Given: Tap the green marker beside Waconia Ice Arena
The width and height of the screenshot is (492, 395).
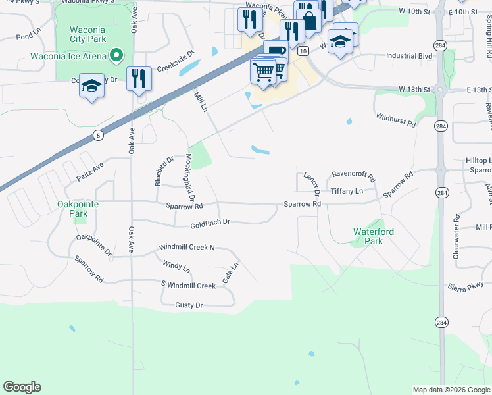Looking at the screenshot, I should point(117,55).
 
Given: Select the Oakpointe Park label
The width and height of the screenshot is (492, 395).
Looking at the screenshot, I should point(78,209).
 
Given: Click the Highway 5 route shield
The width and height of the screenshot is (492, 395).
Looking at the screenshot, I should point(98,136).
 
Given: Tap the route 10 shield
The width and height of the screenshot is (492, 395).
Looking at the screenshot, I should point(303,51).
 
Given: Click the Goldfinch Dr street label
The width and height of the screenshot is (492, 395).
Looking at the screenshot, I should point(210,223).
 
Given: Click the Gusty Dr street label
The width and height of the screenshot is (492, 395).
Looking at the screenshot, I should point(189,305).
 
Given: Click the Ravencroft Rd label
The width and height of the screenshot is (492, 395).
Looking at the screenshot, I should point(353,176).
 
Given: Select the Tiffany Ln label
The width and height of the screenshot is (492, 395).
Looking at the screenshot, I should point(346,191).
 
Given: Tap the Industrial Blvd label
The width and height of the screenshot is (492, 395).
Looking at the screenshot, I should point(409,57).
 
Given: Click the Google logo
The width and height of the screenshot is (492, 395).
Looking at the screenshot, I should point(22,387).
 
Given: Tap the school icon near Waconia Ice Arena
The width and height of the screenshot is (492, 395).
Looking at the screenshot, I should point(92,87).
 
